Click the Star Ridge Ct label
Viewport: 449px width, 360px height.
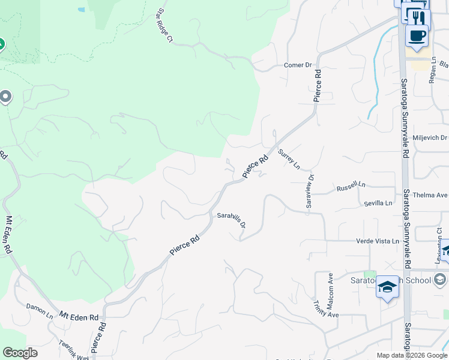click(x=164, y=26)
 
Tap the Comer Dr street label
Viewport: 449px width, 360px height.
click(x=298, y=65)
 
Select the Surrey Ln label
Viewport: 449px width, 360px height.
click(x=289, y=160)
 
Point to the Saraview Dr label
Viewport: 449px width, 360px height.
click(x=310, y=191)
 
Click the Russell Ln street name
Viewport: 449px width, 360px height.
click(x=351, y=187)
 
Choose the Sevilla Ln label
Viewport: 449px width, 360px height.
click(x=378, y=203)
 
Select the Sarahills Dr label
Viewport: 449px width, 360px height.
click(x=232, y=218)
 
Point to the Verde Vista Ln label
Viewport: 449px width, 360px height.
click(x=378, y=241)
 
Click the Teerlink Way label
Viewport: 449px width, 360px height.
click(x=73, y=349)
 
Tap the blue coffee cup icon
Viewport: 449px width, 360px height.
click(x=417, y=35)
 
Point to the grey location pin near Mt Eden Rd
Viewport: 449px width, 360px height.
click(x=6, y=96)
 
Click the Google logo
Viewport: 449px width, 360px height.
click(x=20, y=353)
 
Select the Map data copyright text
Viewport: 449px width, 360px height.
click(x=412, y=355)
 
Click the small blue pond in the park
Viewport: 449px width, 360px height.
click(x=81, y=10)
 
